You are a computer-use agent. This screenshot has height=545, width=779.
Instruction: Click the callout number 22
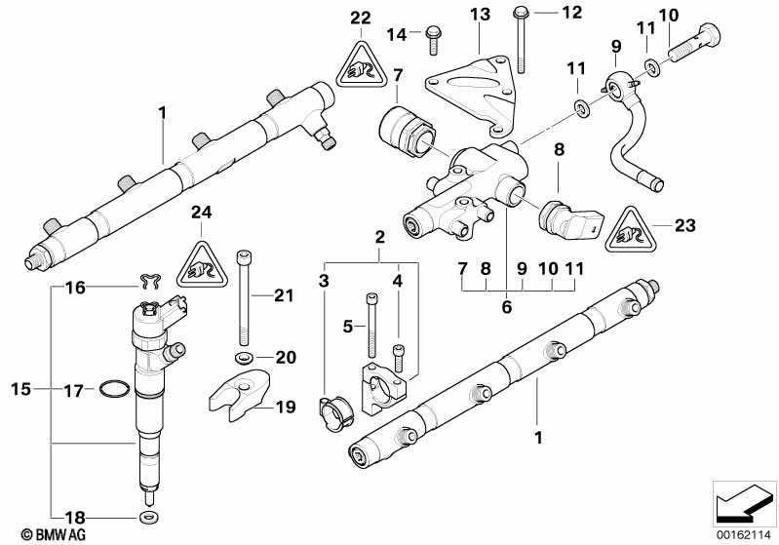361,17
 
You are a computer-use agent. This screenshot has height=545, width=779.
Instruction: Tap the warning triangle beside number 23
633,231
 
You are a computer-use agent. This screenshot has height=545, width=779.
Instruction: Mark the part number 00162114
745,534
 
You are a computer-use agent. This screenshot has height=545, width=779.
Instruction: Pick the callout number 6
506,306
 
